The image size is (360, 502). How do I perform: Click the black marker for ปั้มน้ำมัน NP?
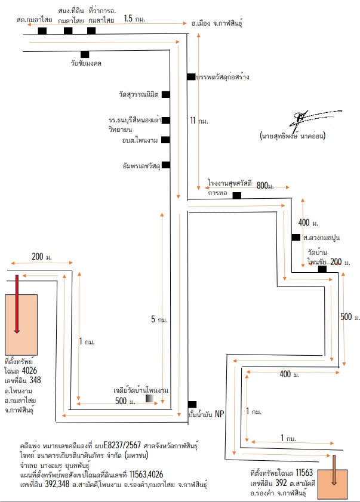click(192, 404)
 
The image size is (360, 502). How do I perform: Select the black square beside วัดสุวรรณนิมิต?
click(165, 94)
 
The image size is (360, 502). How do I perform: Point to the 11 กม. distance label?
click(199, 121)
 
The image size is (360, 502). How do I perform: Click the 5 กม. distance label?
click(159, 319)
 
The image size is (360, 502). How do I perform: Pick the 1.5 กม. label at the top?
click(134, 19)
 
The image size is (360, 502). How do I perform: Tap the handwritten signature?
click(315, 118)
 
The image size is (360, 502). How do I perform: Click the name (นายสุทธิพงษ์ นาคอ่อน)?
click(293, 135)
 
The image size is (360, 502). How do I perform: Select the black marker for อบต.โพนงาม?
click(165, 140)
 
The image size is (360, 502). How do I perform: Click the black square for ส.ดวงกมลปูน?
click(296, 237)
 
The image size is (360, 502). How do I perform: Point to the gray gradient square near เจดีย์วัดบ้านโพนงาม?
click(149, 398)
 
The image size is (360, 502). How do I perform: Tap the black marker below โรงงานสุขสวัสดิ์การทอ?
click(236, 195)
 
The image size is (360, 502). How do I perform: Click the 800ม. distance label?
click(265, 186)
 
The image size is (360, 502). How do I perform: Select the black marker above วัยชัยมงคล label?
click(85, 54)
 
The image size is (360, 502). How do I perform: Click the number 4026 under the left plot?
click(29, 371)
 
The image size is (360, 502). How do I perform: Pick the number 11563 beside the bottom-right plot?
click(304, 473)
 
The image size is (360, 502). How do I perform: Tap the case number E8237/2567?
click(122, 445)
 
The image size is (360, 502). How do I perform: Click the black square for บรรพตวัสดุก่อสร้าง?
click(191, 77)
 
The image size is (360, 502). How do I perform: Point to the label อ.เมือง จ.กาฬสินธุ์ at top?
click(217, 23)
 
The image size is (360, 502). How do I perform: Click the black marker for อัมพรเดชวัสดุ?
click(166, 165)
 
